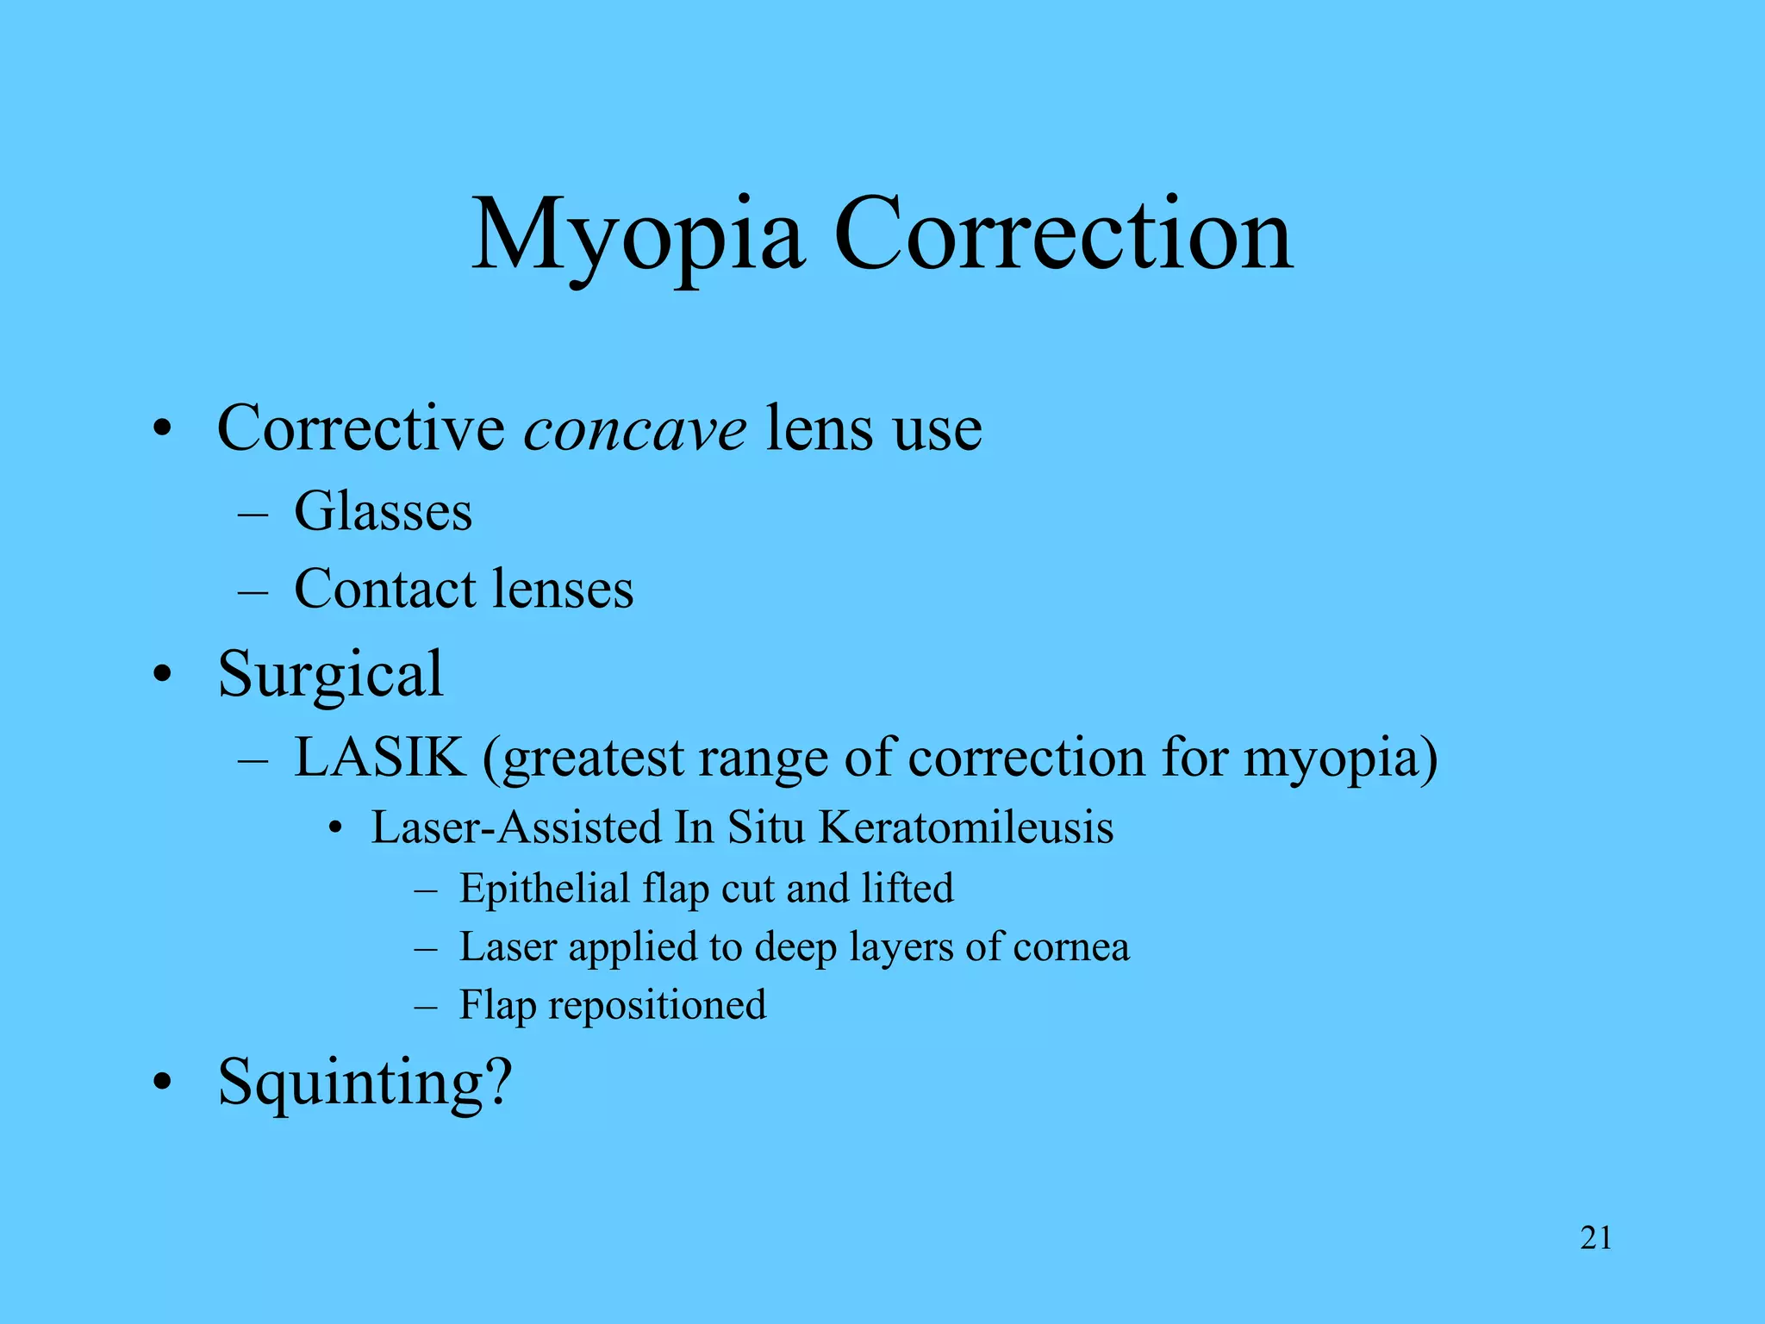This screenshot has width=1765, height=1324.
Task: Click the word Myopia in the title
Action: click(638, 234)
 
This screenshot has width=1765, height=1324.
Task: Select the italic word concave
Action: click(635, 428)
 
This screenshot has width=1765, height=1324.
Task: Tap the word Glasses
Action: click(383, 511)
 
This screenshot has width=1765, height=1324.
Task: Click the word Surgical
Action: click(330, 674)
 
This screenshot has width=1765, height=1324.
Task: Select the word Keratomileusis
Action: click(965, 827)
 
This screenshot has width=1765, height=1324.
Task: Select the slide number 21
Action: click(1596, 1238)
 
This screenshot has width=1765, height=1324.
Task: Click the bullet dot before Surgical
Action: click(161, 675)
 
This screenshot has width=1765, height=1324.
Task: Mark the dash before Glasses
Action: click(253, 514)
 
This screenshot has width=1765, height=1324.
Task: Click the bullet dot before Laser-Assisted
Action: click(335, 829)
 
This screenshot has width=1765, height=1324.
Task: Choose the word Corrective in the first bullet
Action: click(361, 428)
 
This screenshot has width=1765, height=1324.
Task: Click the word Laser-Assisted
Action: click(516, 827)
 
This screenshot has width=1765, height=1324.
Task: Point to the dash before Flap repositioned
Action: click(426, 1007)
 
